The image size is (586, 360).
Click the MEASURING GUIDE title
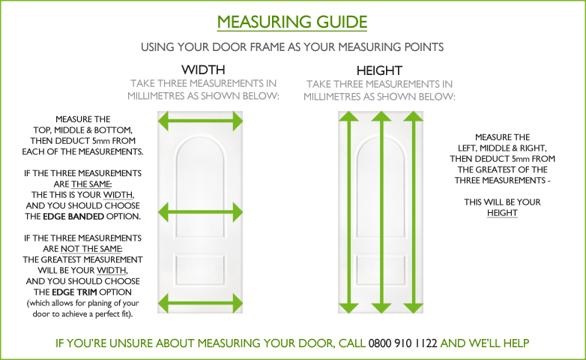point(292,22)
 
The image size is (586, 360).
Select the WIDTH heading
point(203,70)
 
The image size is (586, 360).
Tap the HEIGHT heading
point(379,70)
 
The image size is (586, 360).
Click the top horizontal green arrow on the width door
point(200,121)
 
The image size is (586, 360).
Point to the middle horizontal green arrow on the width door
point(200,212)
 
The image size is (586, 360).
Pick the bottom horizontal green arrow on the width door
point(200,303)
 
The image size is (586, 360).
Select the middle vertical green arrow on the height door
point(381,212)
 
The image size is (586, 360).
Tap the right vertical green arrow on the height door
point(413,212)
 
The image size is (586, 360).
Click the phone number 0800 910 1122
point(402,343)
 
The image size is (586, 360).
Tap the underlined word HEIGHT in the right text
point(502,213)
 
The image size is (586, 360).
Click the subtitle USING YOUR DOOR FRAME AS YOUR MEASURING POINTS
point(292,47)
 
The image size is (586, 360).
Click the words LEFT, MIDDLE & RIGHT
point(502,148)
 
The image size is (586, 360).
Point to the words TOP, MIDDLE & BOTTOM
point(82,130)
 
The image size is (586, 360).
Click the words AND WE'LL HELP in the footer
point(485,343)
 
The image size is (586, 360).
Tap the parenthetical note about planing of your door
point(83,308)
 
